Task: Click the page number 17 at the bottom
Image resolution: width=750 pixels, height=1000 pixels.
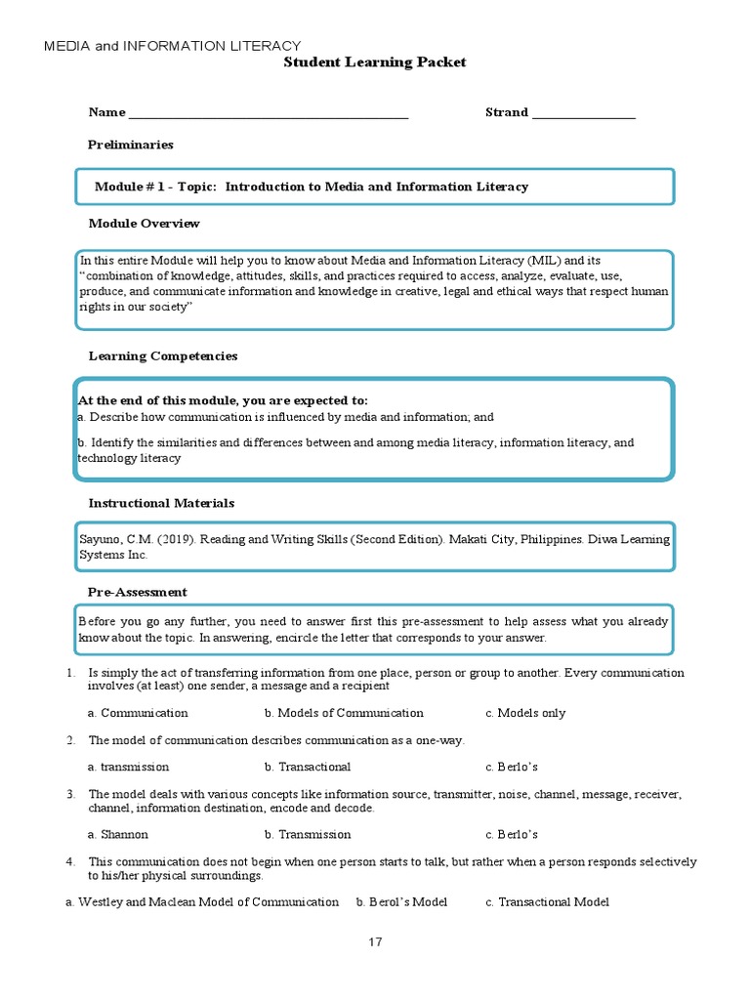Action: coord(376,942)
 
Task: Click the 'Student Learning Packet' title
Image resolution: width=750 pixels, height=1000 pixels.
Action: coord(375,62)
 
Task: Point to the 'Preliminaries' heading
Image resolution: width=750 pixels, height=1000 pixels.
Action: coord(131,145)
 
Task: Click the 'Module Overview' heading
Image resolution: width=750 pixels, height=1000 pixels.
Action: coord(144,224)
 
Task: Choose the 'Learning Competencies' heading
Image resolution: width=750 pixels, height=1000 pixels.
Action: coord(163,355)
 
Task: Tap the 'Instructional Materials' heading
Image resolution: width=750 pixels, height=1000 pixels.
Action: coord(161,503)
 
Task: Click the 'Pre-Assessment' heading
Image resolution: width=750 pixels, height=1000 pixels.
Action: coord(138,592)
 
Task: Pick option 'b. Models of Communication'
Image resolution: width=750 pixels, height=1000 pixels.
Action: coord(344,713)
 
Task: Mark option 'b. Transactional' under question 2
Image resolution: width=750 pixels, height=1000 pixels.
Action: coord(308,767)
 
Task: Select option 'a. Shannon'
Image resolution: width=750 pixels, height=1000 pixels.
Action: coord(118,835)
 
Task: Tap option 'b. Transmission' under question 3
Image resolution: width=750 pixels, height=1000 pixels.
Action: coord(308,835)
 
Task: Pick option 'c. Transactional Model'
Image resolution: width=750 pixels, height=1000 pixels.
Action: coord(547,902)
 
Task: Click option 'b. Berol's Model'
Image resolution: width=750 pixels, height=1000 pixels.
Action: coord(401,902)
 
